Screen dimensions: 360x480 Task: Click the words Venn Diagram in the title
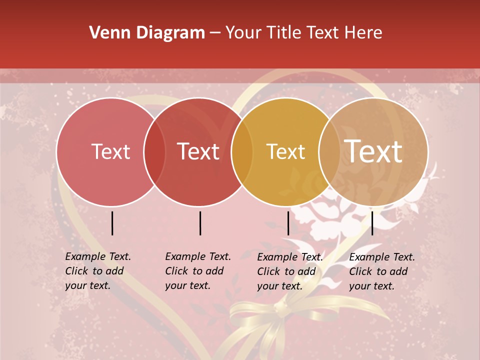pyautogui.click(x=146, y=33)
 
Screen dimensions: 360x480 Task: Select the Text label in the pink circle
pyautogui.click(x=110, y=151)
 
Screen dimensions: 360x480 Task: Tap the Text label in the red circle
pyautogui.click(x=198, y=151)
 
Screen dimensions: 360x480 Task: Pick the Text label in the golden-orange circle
pyautogui.click(x=285, y=151)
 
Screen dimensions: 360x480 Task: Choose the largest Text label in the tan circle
pyautogui.click(x=373, y=151)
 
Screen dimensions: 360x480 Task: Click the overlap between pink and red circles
pyautogui.click(x=154, y=152)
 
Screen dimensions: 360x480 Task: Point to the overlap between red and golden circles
pyautogui.click(x=242, y=152)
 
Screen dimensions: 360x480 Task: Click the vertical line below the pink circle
pyautogui.click(x=112, y=223)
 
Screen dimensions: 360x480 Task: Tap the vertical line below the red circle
pyautogui.click(x=200, y=223)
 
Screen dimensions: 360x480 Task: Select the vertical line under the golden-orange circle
pyautogui.click(x=288, y=223)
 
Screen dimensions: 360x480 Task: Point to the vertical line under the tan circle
pyautogui.click(x=372, y=223)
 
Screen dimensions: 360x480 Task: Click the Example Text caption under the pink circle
pyautogui.click(x=98, y=271)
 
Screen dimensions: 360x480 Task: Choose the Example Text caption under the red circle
pyautogui.click(x=198, y=271)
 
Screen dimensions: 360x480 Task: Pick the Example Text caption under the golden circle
pyautogui.click(x=290, y=271)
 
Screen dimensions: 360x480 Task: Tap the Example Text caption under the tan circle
pyautogui.click(x=382, y=271)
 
